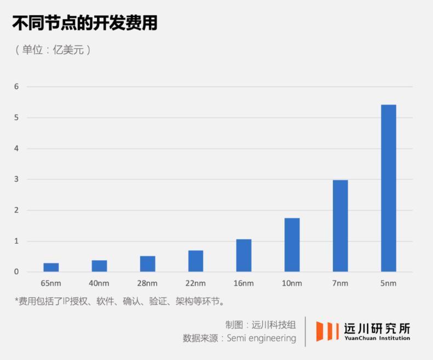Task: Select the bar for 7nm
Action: (340, 226)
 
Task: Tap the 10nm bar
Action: (292, 245)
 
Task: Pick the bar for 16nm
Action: (243, 255)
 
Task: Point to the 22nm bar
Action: (196, 261)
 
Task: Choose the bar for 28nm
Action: (147, 264)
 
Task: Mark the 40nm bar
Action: (99, 266)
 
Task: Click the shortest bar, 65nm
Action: (51, 267)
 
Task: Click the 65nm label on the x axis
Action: (51, 283)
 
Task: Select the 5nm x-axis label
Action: (388, 283)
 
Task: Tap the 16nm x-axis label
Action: (243, 283)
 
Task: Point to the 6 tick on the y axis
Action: (16, 87)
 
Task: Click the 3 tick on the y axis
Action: (16, 179)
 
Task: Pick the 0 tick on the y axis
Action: (16, 272)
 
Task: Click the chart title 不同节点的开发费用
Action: (85, 23)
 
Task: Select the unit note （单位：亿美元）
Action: (53, 49)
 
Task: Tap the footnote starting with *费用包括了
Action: (119, 301)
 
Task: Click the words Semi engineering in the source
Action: (262, 338)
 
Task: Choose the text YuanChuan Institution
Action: (377, 339)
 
